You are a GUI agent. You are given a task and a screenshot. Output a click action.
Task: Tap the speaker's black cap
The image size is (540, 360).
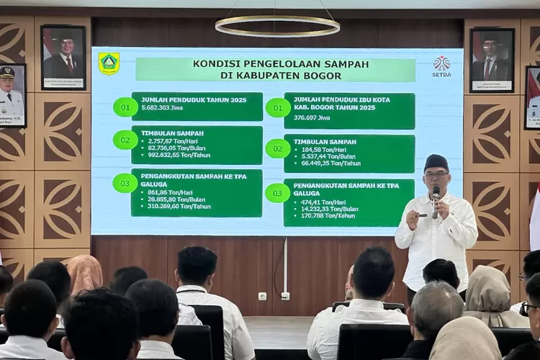[x=436, y=161]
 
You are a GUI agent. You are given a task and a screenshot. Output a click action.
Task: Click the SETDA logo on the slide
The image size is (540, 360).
[x=441, y=66]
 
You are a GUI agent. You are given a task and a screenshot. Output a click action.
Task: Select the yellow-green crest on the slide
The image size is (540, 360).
[x=109, y=63]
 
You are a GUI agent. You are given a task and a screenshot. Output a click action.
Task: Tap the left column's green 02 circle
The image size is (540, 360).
[x=125, y=140]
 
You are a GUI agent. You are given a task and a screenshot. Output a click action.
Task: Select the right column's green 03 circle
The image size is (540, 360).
[x=277, y=193]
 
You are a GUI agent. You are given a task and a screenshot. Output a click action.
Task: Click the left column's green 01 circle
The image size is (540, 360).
[x=125, y=107]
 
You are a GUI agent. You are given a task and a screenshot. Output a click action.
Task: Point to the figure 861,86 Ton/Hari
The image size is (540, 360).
[x=166, y=192]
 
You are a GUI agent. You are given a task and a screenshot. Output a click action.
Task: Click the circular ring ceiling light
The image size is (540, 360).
[x=277, y=26]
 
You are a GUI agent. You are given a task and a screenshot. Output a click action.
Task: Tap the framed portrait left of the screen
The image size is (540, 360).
[x=63, y=57]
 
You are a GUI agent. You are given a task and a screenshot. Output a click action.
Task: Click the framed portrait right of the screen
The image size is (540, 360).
[x=492, y=60]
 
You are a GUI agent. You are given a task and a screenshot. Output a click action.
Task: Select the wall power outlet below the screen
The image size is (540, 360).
[x=262, y=296]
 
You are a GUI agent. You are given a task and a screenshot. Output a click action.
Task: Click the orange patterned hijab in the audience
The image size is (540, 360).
[x=85, y=273]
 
